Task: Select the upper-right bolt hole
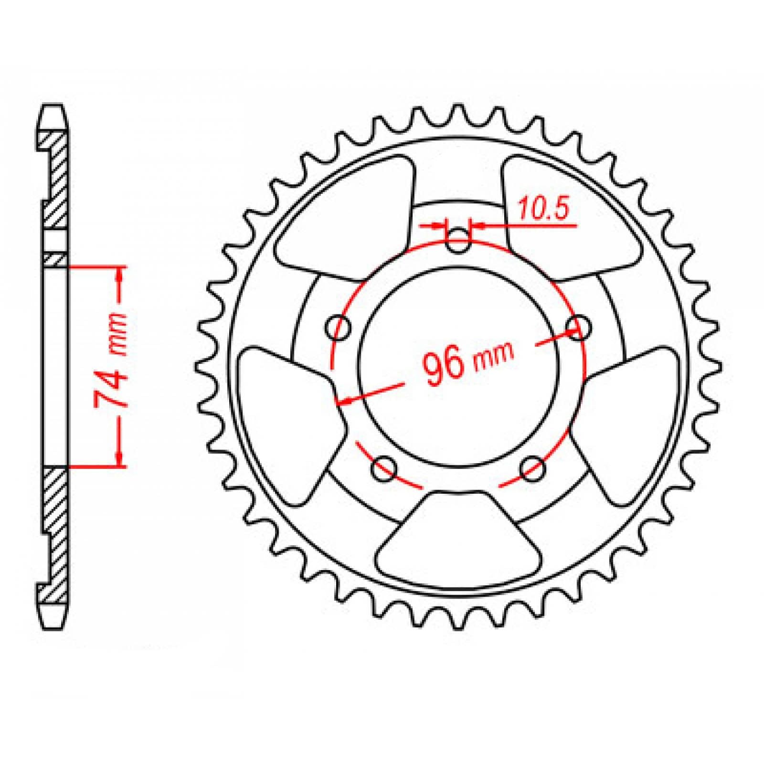click(578, 327)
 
